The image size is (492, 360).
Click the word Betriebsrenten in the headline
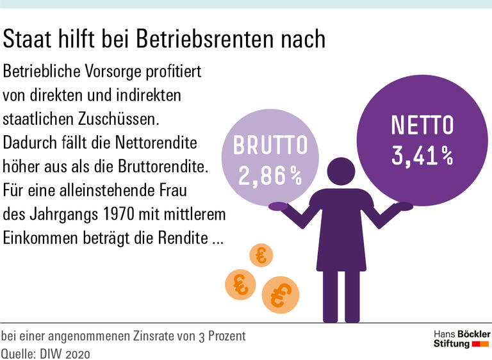coord(195,39)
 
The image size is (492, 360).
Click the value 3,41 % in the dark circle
coord(422,156)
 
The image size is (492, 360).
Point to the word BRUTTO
coord(270,146)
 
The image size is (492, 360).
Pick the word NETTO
coord(422,126)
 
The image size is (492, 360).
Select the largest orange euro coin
coord(280,295)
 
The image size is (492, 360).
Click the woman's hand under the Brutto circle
coord(278,206)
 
